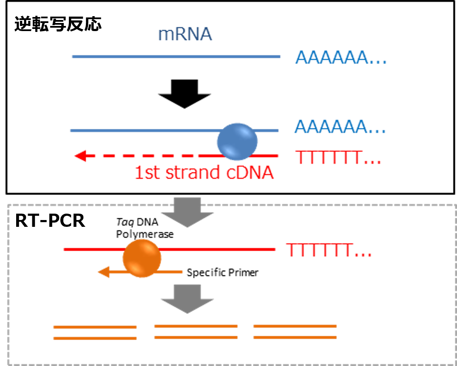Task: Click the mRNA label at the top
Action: click(x=185, y=34)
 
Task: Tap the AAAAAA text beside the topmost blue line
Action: click(x=340, y=58)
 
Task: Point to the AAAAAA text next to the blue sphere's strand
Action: click(x=339, y=127)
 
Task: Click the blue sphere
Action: click(x=237, y=141)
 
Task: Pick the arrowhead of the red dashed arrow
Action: click(x=80, y=156)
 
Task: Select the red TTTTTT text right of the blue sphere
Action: click(x=338, y=157)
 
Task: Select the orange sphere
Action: click(x=142, y=258)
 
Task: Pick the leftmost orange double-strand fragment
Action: click(x=95, y=333)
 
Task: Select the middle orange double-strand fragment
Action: click(x=196, y=332)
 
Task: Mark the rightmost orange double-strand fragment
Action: click(x=295, y=332)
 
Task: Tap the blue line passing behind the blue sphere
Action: click(x=145, y=130)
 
